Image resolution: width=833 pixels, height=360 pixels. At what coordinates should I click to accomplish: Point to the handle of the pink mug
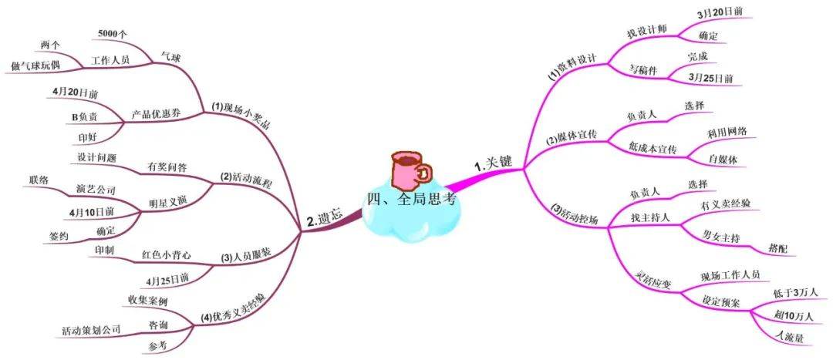pos(425,172)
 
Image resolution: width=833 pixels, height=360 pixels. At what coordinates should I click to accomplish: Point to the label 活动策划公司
pos(91,330)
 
